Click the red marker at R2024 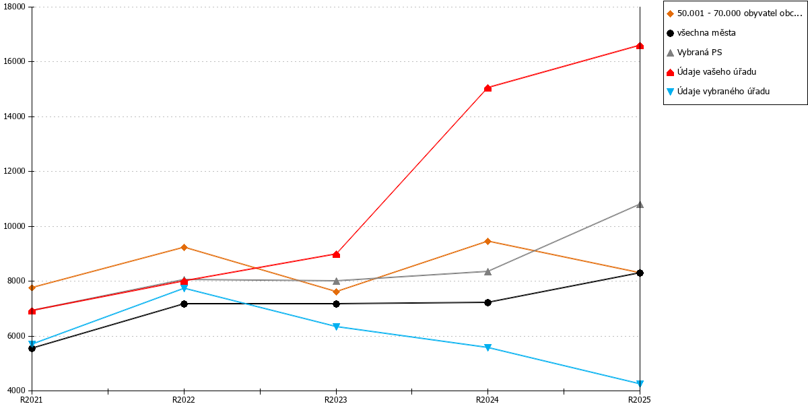[487, 88]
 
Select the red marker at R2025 [640, 46]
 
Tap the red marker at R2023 [336, 255]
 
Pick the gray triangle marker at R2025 [640, 205]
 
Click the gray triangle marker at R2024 [487, 271]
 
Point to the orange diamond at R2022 [184, 247]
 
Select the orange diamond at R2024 [487, 241]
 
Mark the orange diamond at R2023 [336, 292]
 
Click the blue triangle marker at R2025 [640, 383]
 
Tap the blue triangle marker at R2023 [336, 327]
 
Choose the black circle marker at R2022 [184, 304]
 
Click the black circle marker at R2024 [487, 302]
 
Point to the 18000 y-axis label [14, 7]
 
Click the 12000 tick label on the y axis [14, 171]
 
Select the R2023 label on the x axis [336, 399]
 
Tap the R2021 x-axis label [32, 399]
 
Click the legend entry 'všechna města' [701, 33]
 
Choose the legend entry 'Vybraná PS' [694, 53]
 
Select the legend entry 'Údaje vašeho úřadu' [711, 72]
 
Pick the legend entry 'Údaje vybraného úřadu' [718, 92]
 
